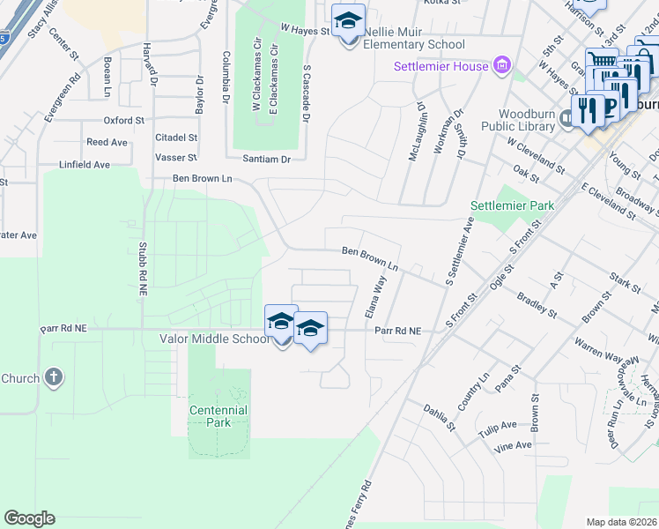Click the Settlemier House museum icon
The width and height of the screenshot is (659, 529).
(502, 65)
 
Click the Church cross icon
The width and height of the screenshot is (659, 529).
(54, 378)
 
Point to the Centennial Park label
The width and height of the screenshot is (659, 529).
(218, 416)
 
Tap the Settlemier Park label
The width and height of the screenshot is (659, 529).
(512, 205)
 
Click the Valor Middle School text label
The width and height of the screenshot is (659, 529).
(215, 339)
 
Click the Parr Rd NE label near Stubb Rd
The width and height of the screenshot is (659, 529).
(64, 328)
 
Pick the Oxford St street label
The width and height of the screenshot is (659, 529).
(123, 120)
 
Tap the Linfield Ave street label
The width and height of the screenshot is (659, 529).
(84, 165)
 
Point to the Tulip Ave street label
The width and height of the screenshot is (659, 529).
(498, 425)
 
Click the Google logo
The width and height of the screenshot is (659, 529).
(29, 518)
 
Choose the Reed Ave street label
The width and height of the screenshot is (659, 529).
(107, 142)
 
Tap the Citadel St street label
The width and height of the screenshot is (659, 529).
(176, 138)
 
